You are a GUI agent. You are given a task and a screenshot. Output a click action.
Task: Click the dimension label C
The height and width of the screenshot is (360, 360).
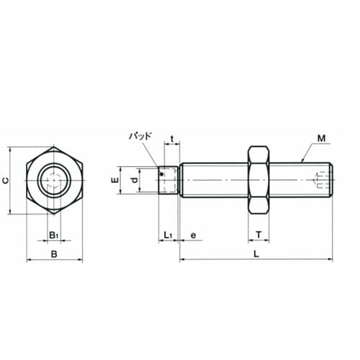point(6,180)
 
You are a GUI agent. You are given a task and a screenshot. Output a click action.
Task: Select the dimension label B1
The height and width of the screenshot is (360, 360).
point(54,235)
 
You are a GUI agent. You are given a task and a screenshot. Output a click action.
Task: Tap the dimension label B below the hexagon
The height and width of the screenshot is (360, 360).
point(54,254)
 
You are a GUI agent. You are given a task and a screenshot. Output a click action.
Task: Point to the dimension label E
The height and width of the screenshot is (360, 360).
point(116,180)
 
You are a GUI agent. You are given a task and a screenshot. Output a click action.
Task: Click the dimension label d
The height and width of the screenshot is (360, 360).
point(135,180)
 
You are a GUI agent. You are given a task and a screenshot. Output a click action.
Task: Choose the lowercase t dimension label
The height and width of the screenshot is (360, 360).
point(172,139)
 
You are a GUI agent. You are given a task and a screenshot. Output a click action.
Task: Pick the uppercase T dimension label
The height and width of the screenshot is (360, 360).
point(258,235)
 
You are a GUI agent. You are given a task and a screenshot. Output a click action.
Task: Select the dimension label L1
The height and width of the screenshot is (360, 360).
point(168,235)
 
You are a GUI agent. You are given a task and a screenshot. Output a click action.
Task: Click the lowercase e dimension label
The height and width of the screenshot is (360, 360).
point(193,235)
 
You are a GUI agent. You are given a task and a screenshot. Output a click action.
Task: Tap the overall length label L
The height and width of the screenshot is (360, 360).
point(256,254)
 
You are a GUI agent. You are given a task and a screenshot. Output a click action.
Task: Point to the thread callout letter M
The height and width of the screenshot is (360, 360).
point(321,138)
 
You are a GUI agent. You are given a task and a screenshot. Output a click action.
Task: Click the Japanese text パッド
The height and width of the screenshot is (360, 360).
point(140,136)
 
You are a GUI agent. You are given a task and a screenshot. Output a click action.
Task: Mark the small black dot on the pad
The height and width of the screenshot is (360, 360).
point(163,174)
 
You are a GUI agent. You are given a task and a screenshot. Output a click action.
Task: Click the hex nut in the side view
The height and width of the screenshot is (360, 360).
point(258,180)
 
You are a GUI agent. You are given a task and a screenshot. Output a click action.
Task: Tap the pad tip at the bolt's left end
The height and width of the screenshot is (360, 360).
point(168,180)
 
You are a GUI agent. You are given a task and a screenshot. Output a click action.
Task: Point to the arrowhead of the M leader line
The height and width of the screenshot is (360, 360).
point(302,161)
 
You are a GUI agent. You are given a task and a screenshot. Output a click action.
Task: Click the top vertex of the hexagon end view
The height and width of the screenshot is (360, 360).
point(54,147)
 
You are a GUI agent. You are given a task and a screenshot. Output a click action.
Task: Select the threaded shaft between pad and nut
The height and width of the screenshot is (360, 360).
point(214,180)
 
